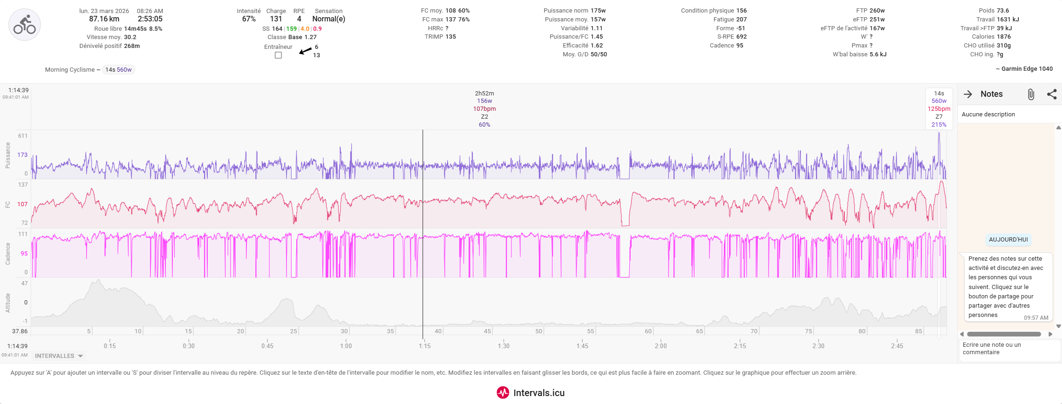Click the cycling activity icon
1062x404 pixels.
click(25, 25)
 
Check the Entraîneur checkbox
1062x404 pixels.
click(279, 55)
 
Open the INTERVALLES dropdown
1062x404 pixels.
click(59, 356)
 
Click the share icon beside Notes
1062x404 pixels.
click(1052, 94)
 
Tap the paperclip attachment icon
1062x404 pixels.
click(1031, 94)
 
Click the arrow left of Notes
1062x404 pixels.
click(968, 94)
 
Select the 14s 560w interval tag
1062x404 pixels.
click(118, 70)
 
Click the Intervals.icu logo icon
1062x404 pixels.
click(503, 393)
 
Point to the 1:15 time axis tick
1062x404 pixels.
click(424, 346)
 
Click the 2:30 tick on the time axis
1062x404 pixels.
click(818, 346)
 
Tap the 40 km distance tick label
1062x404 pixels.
click(438, 331)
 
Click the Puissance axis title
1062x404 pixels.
click(8, 155)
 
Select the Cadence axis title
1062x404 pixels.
click(8, 254)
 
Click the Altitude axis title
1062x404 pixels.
click(8, 303)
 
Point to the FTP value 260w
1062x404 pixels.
click(877, 11)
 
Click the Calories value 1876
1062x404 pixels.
click(1004, 37)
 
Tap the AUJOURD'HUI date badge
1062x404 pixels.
click(1008, 240)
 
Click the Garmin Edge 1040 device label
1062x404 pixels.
click(1027, 69)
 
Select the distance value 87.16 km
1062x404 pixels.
click(104, 19)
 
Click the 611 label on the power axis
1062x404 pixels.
click(23, 136)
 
